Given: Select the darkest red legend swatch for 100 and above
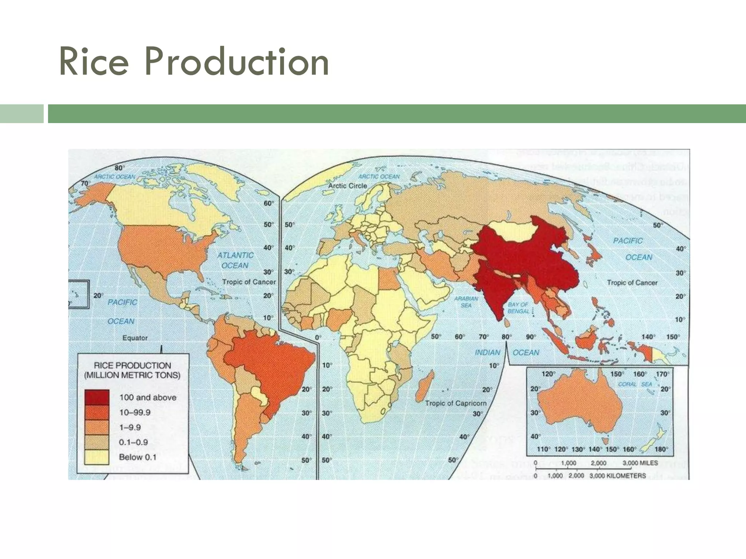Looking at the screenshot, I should coord(97,397).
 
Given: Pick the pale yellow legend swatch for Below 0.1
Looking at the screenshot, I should coord(97,457).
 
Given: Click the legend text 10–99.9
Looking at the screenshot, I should coord(135,412).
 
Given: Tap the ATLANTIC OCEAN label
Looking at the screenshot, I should coord(235,260).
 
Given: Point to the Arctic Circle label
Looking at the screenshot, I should coord(348,186).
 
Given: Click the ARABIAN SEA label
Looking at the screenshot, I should coord(466,302).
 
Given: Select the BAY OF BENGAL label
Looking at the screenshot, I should coord(518,308).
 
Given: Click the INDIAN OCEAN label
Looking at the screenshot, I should coord(507,352).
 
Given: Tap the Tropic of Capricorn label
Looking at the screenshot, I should coord(455,403).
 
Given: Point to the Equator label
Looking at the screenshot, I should coord(135,338).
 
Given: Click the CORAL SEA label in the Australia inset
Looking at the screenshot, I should coord(635,384).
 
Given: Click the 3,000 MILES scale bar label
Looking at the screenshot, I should coord(640,463).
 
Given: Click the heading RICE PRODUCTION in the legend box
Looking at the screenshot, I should coord(132,365).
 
